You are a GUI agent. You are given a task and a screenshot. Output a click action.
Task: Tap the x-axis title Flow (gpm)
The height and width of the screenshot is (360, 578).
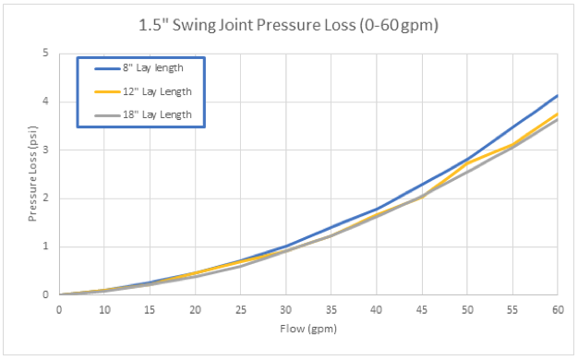point(308,328)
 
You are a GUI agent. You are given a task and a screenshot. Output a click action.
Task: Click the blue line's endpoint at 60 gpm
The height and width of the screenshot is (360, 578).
point(557,95)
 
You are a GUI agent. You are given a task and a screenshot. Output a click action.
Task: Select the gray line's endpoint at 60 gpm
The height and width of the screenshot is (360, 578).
point(557,119)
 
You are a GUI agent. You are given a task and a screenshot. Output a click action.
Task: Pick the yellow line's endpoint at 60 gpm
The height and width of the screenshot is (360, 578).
point(557,114)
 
